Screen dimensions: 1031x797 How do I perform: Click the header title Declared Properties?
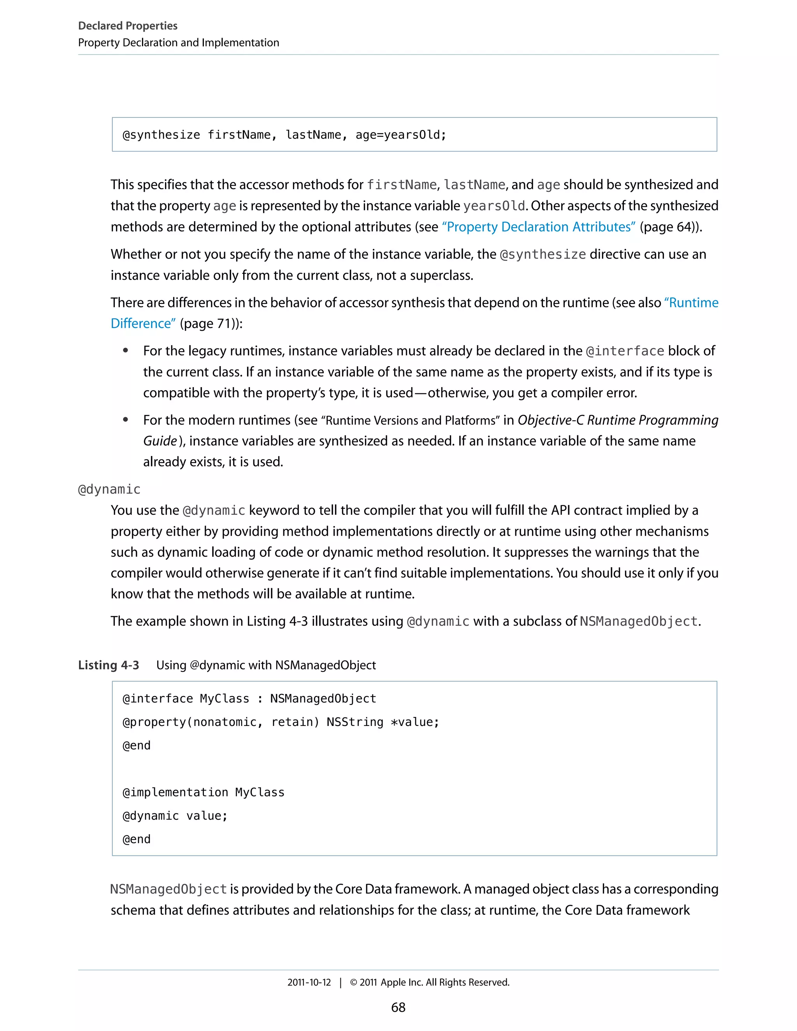(x=128, y=26)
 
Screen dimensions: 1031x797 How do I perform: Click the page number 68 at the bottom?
(x=398, y=1007)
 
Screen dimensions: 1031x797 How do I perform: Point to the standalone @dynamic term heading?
(x=109, y=489)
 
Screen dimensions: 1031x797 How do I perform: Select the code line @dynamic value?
(x=175, y=816)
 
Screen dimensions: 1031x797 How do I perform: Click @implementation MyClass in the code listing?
(x=203, y=792)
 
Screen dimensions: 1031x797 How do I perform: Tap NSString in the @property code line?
(x=355, y=722)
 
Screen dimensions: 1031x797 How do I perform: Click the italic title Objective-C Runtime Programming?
(x=618, y=420)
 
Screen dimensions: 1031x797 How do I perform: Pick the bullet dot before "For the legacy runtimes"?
(x=126, y=351)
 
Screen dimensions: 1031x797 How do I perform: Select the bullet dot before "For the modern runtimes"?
(x=126, y=420)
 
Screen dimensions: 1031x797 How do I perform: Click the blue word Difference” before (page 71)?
(x=142, y=323)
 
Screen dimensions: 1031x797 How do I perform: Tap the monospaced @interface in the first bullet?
(x=625, y=351)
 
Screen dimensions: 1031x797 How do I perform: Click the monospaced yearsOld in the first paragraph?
(x=494, y=206)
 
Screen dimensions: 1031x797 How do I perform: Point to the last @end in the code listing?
(x=137, y=839)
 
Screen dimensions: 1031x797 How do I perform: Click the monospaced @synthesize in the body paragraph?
(x=542, y=254)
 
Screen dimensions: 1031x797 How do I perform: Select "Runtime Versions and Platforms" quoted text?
(x=410, y=420)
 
